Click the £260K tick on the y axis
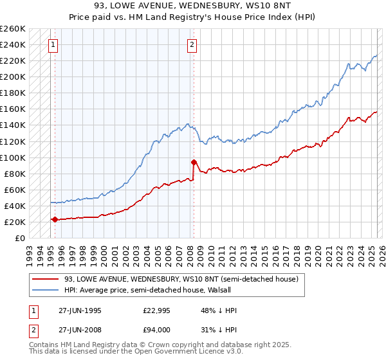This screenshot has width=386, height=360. (13, 29)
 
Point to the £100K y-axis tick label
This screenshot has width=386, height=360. (13, 157)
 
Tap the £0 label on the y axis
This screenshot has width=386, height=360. (21, 238)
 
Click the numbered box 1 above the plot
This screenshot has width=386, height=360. (52, 45)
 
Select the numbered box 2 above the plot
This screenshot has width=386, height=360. (192, 45)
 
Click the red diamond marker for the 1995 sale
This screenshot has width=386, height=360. (55, 219)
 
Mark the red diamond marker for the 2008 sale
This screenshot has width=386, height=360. (194, 162)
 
